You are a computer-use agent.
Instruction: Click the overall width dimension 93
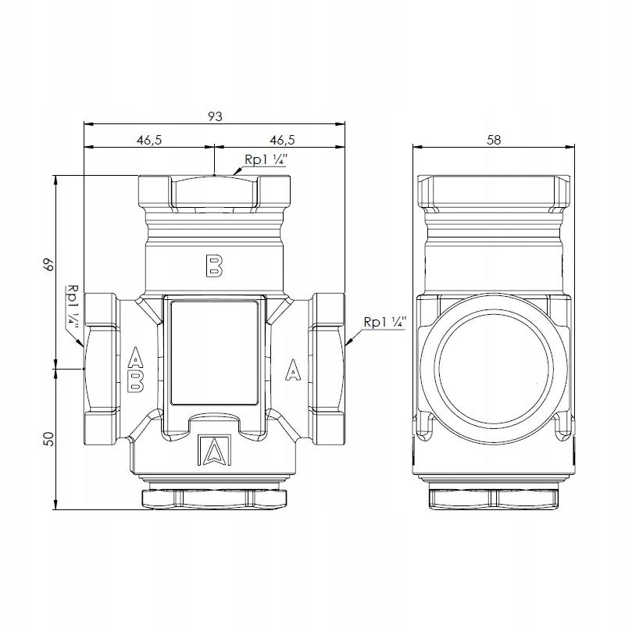pos(215,116)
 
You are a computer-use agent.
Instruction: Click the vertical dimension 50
pos(48,440)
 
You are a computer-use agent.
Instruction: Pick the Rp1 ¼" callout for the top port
pos(266,159)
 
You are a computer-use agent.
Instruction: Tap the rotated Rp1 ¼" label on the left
pos(73,304)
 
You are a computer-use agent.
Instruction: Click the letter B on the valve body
pos(213,265)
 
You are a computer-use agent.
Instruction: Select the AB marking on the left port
pos(135,368)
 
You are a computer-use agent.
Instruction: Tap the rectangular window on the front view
pos(213,353)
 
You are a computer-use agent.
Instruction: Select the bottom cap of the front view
pos(213,498)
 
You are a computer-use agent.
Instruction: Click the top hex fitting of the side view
pos(493,191)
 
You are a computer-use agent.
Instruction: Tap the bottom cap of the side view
pos(493,498)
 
